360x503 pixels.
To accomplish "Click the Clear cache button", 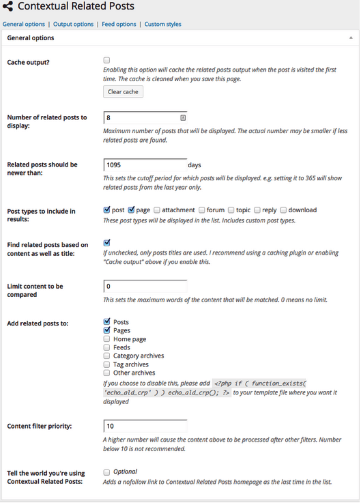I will (x=123, y=92).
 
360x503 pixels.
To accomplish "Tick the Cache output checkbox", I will (x=107, y=60).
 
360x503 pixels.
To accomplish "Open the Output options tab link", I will (x=73, y=24).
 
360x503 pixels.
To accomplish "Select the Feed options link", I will (x=119, y=24).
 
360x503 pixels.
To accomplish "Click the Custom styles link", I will (x=163, y=24).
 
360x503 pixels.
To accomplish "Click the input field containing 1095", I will (x=145, y=165).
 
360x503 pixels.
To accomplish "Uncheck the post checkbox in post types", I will (x=107, y=210).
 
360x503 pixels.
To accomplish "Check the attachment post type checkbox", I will (x=157, y=210).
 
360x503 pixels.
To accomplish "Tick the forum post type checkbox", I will (x=202, y=210).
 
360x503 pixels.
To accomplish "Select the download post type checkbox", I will (x=284, y=210).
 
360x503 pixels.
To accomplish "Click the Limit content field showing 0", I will (x=145, y=286).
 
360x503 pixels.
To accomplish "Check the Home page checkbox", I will (x=107, y=339).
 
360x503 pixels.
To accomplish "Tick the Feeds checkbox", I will (x=107, y=347).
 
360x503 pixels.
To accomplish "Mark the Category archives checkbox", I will (x=107, y=356).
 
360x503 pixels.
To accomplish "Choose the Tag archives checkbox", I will (x=107, y=364).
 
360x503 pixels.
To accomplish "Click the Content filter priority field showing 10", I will (x=145, y=426).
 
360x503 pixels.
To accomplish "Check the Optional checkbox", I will (x=107, y=472).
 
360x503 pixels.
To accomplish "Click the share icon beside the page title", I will (x=8, y=7).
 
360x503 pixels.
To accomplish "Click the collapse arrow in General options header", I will (x=351, y=38).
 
